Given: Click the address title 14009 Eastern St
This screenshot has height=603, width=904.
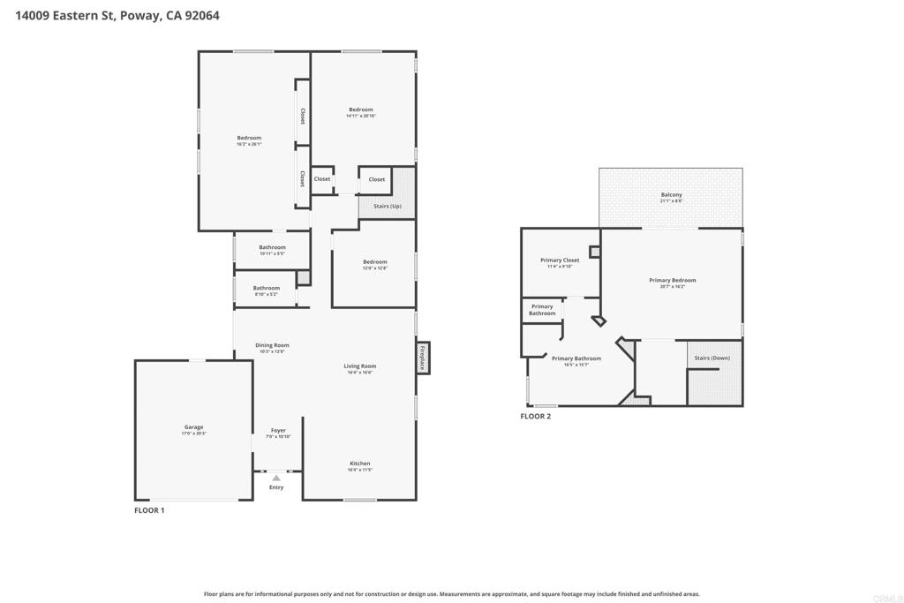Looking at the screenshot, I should pos(117,16).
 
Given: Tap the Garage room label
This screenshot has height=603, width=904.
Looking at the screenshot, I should pos(193,427).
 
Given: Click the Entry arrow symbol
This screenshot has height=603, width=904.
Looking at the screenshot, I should pos(276,478).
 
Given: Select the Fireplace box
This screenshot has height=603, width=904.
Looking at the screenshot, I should pos(423,358).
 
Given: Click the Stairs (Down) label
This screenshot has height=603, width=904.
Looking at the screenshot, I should pos(712,358).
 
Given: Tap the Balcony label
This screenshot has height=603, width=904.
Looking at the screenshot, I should pos(671,195).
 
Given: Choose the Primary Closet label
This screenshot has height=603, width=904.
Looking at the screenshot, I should pos(560,260).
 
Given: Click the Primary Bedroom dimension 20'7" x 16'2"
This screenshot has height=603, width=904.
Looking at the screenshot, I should pos(672,287).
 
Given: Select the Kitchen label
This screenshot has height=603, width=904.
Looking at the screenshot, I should pos(359,464).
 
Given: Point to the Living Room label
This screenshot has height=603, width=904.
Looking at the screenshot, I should pos(360,366).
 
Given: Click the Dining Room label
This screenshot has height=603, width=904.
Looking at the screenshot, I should pos(272,345).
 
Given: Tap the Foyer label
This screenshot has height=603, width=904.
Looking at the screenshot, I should pos(277,431).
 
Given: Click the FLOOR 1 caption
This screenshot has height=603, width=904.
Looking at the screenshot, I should pos(149,510).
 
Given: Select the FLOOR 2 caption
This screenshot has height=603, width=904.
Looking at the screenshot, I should pos(535,416).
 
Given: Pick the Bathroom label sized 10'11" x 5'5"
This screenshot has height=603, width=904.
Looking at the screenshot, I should pos(272,247).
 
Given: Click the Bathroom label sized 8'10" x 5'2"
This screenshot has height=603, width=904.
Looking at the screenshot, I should pos(266,288).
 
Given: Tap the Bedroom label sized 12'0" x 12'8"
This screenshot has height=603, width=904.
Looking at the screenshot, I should pos(374,261).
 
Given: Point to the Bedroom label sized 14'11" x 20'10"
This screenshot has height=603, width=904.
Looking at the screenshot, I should pos(360,109).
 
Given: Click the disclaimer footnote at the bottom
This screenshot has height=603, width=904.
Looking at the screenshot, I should pos(451,594).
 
